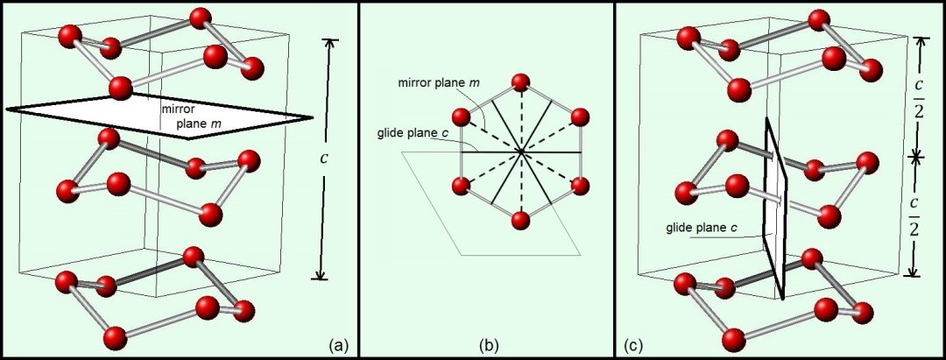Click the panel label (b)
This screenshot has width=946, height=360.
[489, 344]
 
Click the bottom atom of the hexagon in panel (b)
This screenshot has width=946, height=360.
[520, 220]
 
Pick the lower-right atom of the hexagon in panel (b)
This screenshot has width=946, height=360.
[579, 186]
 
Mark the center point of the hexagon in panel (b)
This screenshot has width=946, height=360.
[520, 152]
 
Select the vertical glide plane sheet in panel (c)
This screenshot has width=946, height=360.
[776, 206]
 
